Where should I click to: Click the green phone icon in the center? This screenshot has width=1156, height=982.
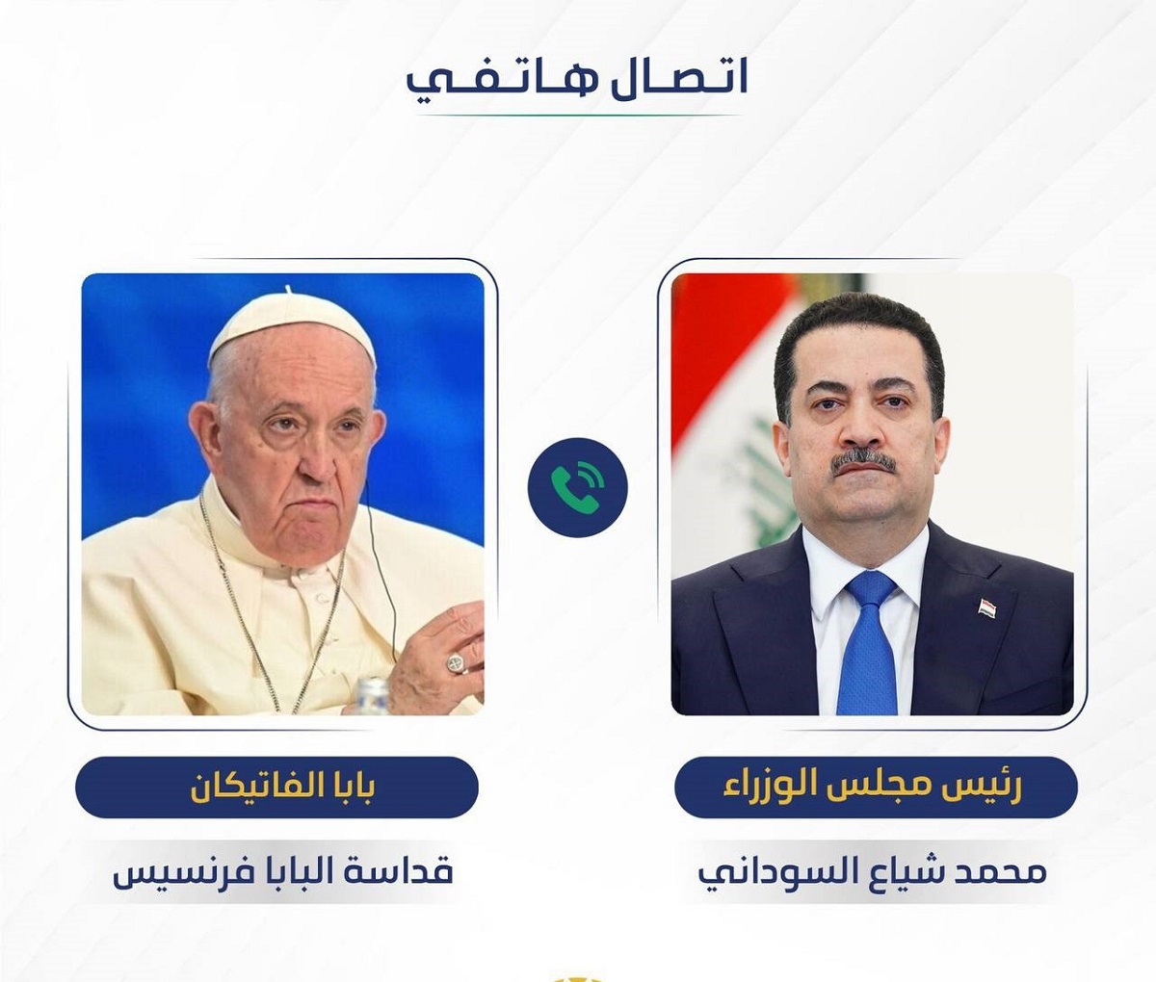point(577,487)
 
